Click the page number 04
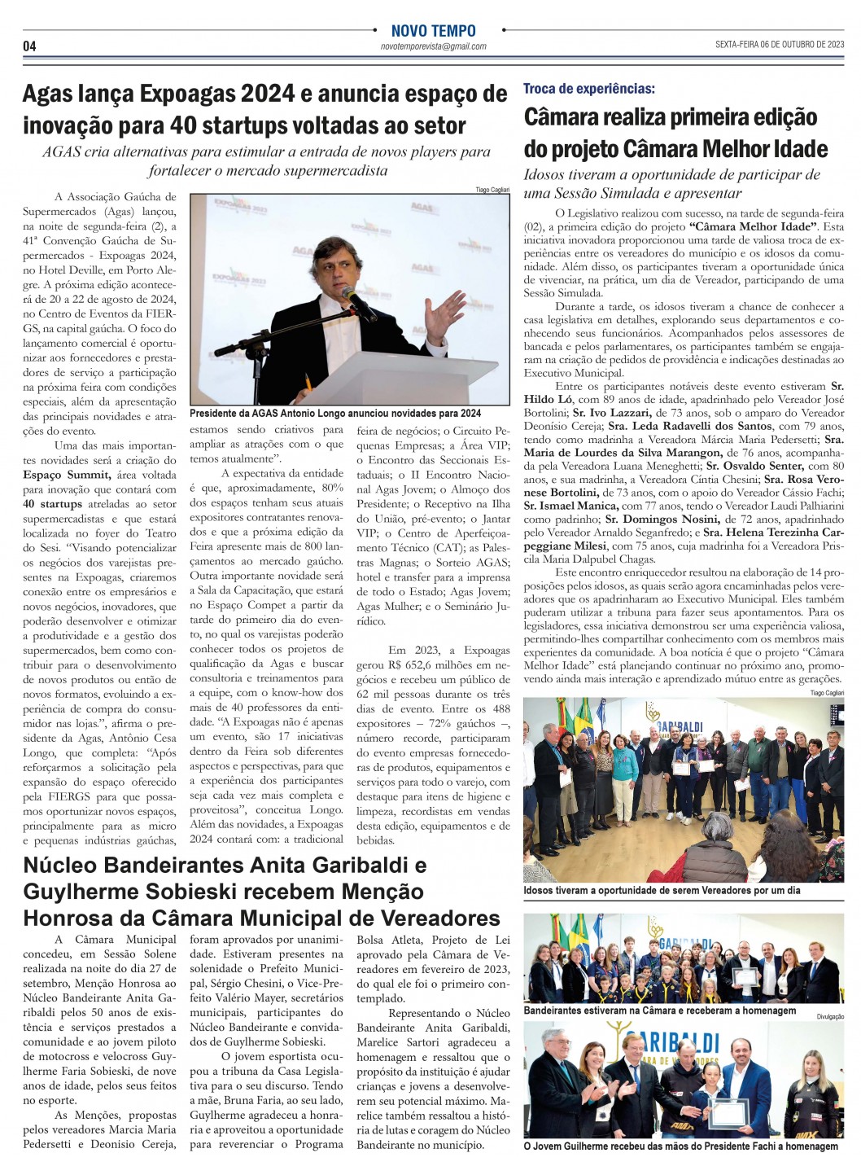point(29,46)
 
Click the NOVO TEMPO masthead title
point(433,31)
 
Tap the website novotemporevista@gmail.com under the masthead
point(433,46)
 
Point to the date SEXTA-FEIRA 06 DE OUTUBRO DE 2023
point(780,45)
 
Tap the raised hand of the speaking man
point(450,310)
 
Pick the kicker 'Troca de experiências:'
point(588,88)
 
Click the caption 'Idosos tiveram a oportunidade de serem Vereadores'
point(662,890)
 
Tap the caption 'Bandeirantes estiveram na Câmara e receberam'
point(659,1011)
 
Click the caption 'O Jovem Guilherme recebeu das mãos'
point(680,1146)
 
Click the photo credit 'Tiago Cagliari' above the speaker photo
point(492,190)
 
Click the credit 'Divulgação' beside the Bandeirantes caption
point(830,1016)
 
